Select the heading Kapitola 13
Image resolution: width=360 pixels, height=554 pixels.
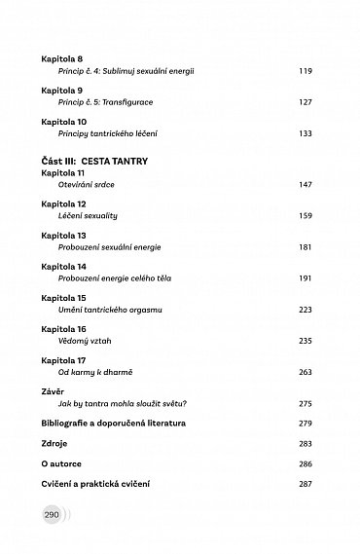(x=60, y=236)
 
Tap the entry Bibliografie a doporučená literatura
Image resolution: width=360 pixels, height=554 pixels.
(x=115, y=424)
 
